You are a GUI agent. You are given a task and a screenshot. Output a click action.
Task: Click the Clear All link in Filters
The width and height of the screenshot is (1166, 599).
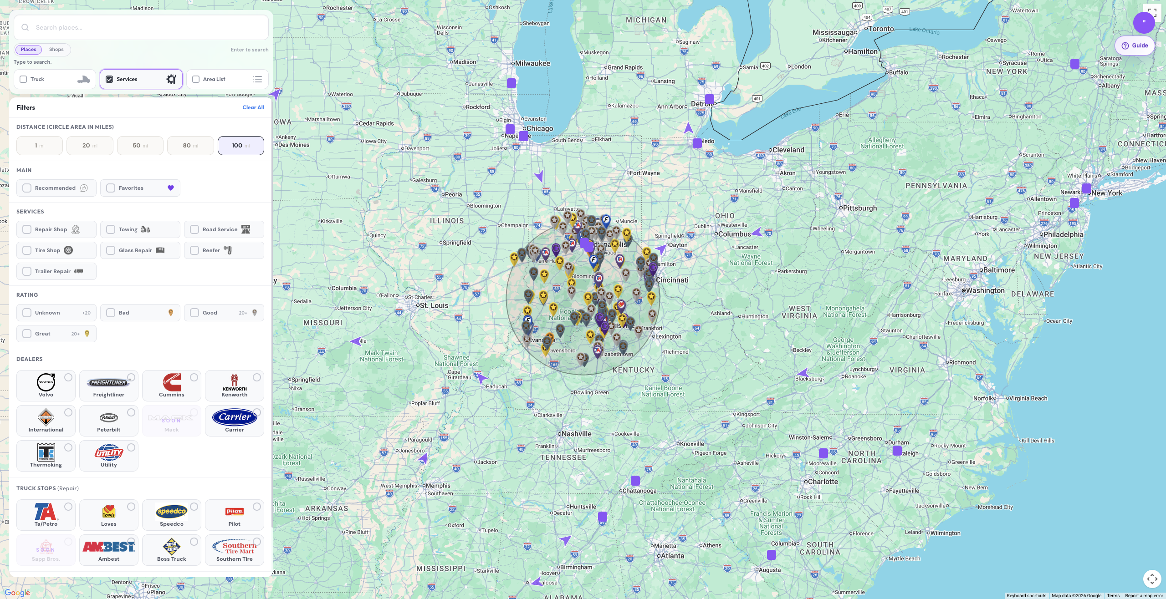[253, 107]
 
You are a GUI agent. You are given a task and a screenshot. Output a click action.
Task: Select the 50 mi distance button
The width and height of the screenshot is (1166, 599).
[140, 146]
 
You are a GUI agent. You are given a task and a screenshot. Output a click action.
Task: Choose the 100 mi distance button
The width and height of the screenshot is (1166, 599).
[240, 146]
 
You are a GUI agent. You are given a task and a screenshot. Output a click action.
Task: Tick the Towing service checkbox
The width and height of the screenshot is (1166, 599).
[111, 229]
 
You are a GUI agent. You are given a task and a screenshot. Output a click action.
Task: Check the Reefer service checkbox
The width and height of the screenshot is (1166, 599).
[194, 250]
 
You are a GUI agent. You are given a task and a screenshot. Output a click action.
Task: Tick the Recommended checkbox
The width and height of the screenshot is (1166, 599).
[27, 188]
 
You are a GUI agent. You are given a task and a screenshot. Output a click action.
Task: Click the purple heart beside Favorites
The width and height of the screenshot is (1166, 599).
[171, 188]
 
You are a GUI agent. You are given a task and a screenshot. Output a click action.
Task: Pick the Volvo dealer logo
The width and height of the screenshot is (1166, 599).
[46, 383]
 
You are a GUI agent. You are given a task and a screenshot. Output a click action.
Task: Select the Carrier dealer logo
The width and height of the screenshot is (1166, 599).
[235, 417]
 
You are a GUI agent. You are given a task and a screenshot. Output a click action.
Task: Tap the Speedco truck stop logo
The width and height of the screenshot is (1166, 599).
[172, 512]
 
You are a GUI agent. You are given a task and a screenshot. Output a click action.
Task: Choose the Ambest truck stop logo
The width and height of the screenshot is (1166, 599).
[109, 547]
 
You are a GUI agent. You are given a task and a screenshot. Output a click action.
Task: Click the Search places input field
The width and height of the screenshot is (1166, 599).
[146, 27]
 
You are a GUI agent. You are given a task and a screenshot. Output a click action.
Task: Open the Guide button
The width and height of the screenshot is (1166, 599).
[1135, 46]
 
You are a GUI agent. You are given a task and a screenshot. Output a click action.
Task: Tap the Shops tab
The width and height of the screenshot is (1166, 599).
[56, 50]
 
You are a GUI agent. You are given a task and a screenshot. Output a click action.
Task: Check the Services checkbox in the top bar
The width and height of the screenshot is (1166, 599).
[109, 79]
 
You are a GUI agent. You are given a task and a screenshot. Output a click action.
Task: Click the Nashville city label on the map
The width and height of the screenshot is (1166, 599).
[576, 434]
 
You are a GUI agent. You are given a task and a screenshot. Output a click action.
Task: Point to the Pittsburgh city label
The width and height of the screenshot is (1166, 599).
[859, 208]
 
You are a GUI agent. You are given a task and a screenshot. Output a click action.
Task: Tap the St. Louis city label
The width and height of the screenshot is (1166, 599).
[434, 305]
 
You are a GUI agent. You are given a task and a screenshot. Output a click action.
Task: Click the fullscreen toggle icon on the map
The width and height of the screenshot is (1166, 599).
[1152, 12]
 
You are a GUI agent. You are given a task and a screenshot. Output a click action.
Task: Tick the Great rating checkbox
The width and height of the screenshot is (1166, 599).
[27, 334]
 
